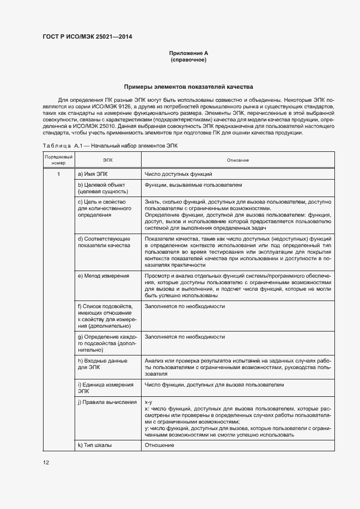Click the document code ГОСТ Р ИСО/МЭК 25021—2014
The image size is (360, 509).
[x=87, y=37]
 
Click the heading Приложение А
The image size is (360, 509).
[x=188, y=53]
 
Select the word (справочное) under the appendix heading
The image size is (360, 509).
[x=188, y=59]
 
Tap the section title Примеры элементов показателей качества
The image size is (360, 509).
[x=188, y=87]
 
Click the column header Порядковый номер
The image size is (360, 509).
[x=58, y=160]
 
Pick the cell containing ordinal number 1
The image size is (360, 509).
[x=58, y=174]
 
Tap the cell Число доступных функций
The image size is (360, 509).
[x=178, y=174]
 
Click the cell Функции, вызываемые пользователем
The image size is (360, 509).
[x=193, y=185]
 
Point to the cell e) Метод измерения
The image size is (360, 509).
[x=103, y=276]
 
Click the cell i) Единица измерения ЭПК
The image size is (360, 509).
[x=105, y=388]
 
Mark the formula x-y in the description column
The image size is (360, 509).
[x=148, y=402]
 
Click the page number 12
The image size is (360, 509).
[x=46, y=463]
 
